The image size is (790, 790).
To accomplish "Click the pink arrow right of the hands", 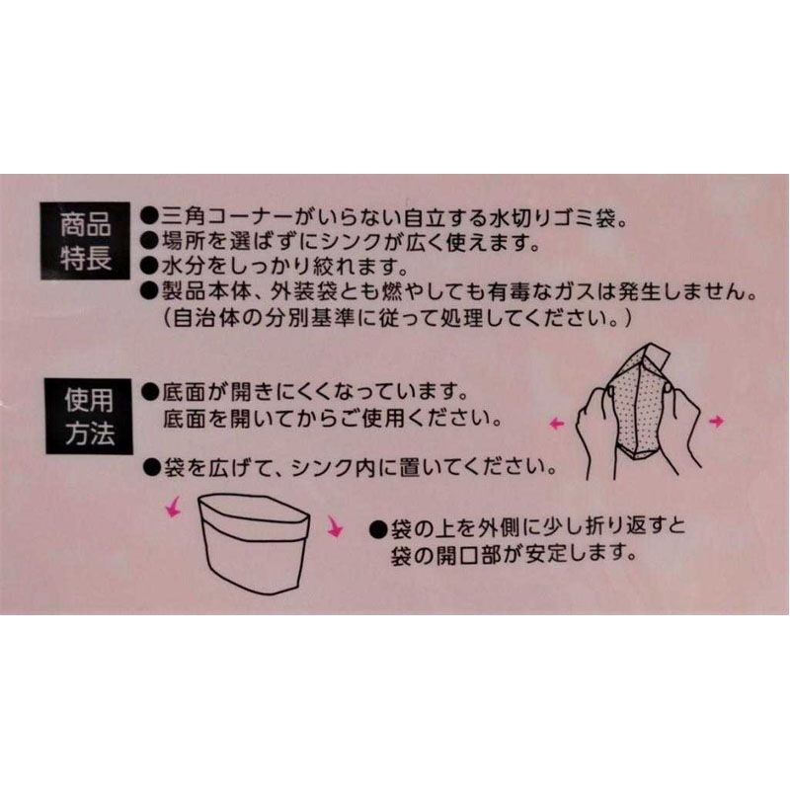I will tap(716, 421).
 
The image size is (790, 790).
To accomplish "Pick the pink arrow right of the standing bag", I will tap(335, 528).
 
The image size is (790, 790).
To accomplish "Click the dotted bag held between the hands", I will tap(638, 405).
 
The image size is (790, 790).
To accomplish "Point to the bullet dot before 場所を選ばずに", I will tap(148, 241).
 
